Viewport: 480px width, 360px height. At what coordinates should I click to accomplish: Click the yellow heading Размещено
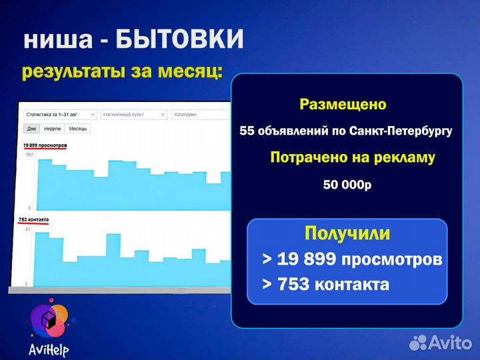(x=343, y=105)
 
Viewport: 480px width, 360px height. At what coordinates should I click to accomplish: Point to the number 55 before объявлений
(x=248, y=131)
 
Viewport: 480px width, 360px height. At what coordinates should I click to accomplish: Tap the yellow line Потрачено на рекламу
(x=353, y=158)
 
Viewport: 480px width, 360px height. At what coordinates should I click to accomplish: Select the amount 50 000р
(x=347, y=185)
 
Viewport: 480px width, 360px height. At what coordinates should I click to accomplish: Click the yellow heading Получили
(x=347, y=233)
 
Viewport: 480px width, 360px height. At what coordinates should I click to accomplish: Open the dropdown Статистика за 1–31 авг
(x=60, y=114)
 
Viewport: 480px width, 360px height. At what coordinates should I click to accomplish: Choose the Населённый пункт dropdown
(x=134, y=114)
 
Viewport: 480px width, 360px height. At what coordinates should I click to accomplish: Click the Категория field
(x=200, y=114)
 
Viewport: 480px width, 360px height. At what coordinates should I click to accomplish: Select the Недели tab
(x=53, y=129)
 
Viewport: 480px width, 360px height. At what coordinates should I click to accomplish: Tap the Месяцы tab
(x=78, y=129)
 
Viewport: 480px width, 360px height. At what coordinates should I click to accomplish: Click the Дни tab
(x=31, y=129)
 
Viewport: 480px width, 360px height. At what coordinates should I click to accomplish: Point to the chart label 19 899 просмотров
(x=45, y=145)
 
